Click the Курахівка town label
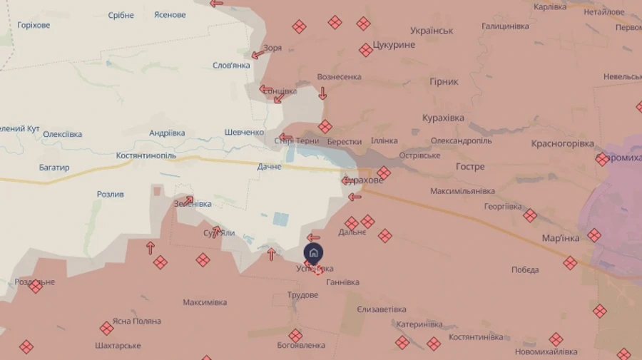pyautogui.click(x=443, y=118)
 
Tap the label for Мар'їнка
pyautogui.click(x=560, y=237)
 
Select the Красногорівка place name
pyautogui.click(x=562, y=143)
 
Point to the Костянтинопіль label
pyautogui.click(x=146, y=155)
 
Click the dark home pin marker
pyautogui.click(x=313, y=253)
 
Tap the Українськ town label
pyautogui.click(x=432, y=31)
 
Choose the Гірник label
pyautogui.click(x=444, y=82)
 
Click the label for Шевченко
pyautogui.click(x=244, y=133)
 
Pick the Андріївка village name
pyautogui.click(x=167, y=133)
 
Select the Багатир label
pyautogui.click(x=54, y=168)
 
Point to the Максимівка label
pyautogui.click(x=205, y=302)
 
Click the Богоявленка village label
pyautogui.click(x=301, y=345)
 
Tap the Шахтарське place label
pyautogui.click(x=118, y=346)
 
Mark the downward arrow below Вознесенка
pyautogui.click(x=322, y=93)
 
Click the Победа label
pyautogui.click(x=525, y=269)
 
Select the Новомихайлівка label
pyautogui.click(x=546, y=351)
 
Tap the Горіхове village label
pyautogui.click(x=34, y=25)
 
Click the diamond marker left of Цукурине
pyautogui.click(x=366, y=50)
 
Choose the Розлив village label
pyautogui.click(x=111, y=194)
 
